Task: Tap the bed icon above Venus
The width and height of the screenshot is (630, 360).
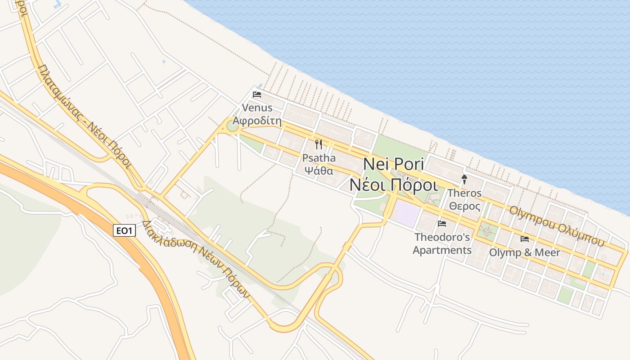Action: (x=257, y=94)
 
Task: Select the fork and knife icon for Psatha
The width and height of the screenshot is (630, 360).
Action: (x=319, y=144)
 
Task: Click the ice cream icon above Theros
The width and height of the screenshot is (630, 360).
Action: (x=464, y=180)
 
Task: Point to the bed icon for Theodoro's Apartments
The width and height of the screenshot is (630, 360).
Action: (x=442, y=223)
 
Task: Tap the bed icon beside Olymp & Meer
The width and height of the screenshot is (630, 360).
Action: (x=525, y=238)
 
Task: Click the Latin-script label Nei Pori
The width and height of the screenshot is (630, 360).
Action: (x=393, y=163)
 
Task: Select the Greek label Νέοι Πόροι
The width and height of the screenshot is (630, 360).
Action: (x=393, y=184)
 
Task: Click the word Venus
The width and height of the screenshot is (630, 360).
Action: (x=257, y=108)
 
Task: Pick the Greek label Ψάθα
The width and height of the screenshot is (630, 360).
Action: (x=319, y=171)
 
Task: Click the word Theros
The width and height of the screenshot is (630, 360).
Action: (x=464, y=193)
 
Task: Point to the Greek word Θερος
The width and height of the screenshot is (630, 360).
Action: (x=464, y=207)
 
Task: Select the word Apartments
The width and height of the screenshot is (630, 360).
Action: (x=442, y=250)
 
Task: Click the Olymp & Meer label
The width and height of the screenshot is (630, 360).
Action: (x=525, y=252)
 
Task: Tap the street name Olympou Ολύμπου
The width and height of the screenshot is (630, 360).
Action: (x=556, y=226)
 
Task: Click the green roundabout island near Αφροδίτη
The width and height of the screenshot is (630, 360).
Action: (x=232, y=125)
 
